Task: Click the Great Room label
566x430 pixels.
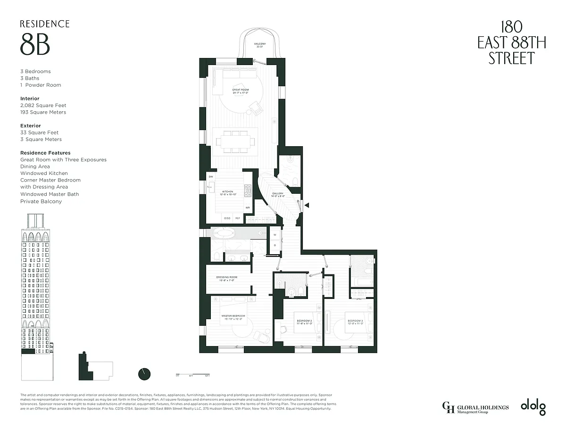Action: tap(240, 91)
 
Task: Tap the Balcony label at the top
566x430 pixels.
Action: tap(260, 46)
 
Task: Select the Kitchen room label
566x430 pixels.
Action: tap(228, 193)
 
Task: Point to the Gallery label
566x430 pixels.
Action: tap(277, 196)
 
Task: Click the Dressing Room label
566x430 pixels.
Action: tap(226, 278)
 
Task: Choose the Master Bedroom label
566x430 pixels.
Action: tap(233, 317)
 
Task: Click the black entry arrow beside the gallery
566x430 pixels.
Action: tap(307, 206)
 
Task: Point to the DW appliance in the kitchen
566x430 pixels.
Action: tap(211, 177)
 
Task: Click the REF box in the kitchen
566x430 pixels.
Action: tap(238, 218)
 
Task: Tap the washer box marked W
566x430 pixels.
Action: tap(275, 235)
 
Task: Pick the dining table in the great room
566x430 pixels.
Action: tap(235, 141)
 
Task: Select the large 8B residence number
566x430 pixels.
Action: tap(35, 45)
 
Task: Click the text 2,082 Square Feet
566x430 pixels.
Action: tap(43, 106)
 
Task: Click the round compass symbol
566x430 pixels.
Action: tap(144, 373)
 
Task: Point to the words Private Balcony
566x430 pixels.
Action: tap(41, 201)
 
